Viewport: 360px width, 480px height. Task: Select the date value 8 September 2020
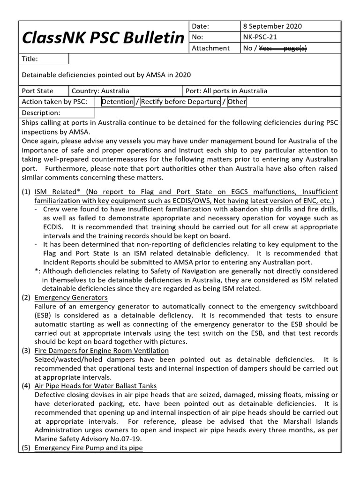pyautogui.click(x=272, y=26)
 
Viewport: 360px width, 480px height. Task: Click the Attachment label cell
pyautogui.click(x=210, y=48)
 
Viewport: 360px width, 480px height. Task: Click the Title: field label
pyautogui.click(x=30, y=59)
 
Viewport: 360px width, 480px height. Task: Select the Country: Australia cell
pyautogui.click(x=100, y=91)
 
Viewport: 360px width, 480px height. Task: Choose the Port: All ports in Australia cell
pyautogui.click(x=226, y=91)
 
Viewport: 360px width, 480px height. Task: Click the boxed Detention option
pyautogui.click(x=117, y=102)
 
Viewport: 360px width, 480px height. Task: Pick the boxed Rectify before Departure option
pyautogui.click(x=180, y=102)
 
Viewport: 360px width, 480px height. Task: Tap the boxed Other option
pyautogui.click(x=237, y=102)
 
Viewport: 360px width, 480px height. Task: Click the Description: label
pyautogui.click(x=41, y=113)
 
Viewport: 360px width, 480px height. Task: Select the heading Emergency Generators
pyautogui.click(x=71, y=298)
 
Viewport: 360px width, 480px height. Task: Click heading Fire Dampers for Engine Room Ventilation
pyautogui.click(x=102, y=351)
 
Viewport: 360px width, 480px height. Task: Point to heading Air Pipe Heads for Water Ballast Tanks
pyautogui.click(x=96, y=386)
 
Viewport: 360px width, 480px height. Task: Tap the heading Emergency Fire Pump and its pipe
pyautogui.click(x=89, y=448)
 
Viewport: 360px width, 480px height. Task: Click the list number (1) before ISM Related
pyautogui.click(x=26, y=192)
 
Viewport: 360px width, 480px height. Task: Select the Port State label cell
pyautogui.click(x=38, y=91)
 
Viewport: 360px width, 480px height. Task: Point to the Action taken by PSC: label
pyautogui.click(x=54, y=102)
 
